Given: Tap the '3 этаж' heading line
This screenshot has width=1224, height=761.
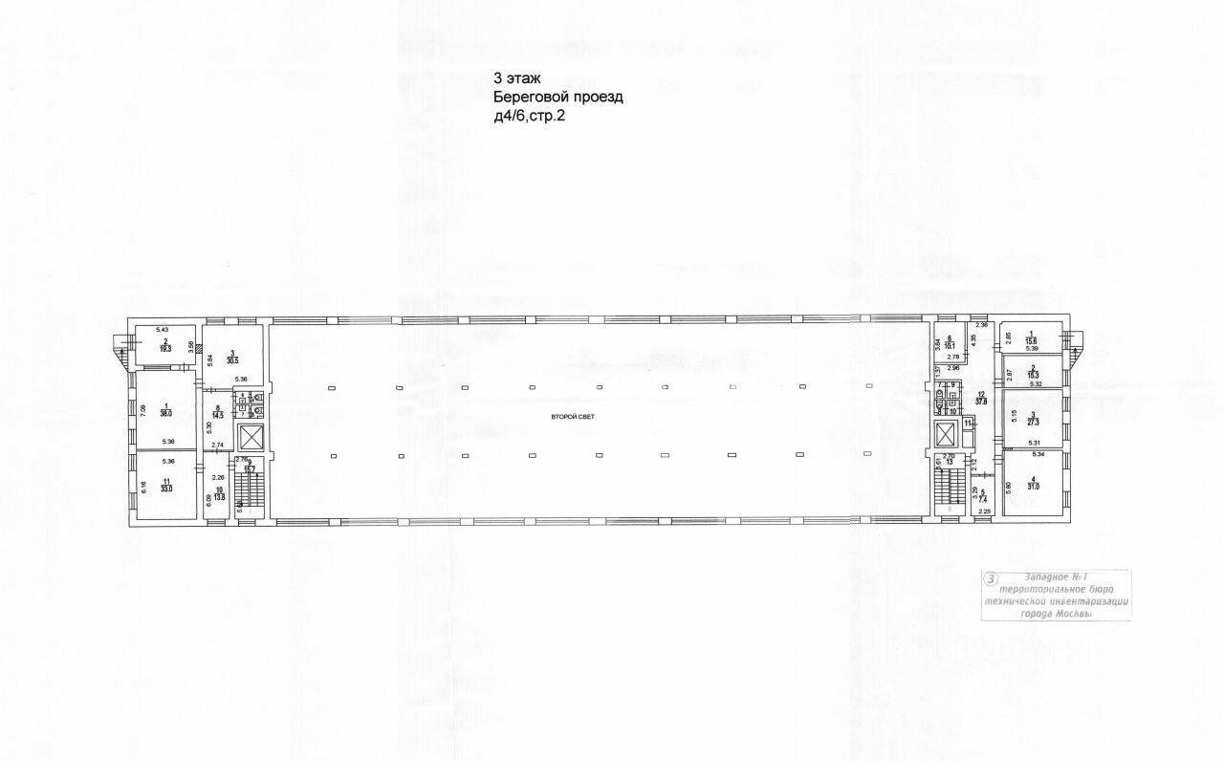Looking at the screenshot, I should tap(518, 79).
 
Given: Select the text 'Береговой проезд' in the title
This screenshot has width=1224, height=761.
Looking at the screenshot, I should tap(557, 98).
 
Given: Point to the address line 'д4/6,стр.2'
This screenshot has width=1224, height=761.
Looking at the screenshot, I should tap(529, 116).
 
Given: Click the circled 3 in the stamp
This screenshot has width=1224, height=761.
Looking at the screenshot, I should tap(992, 578).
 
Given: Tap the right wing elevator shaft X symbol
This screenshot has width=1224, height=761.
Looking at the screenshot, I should tap(946, 434).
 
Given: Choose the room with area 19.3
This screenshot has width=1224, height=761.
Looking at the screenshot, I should tap(164, 345).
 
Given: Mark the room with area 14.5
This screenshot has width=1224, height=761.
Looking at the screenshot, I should tap(218, 413).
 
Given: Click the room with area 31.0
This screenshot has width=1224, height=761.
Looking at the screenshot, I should tap(1033, 485).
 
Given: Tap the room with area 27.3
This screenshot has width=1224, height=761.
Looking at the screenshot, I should tap(1033, 418).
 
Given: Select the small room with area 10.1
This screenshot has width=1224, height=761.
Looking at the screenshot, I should tap(949, 344).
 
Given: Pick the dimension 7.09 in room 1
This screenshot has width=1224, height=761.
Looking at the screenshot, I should tap(142, 410).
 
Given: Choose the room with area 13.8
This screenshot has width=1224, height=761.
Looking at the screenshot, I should tap(219, 497).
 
